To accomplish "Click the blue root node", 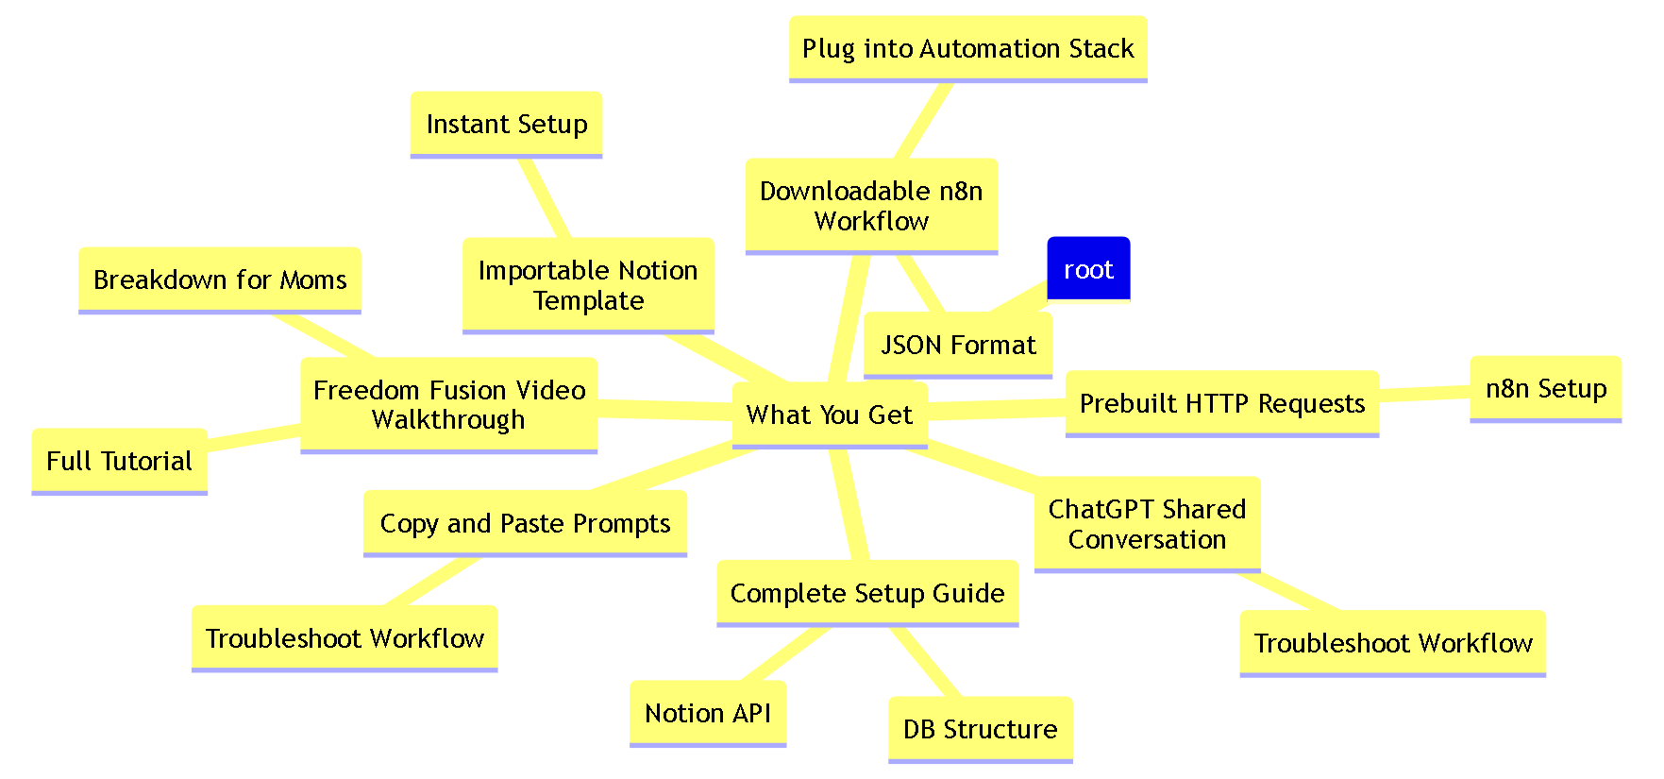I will (1088, 269).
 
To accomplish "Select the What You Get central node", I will (830, 415).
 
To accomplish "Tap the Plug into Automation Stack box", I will (967, 48).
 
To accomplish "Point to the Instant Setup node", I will (506, 124).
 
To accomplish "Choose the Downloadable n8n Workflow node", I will (871, 206).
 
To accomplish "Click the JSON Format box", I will (958, 345).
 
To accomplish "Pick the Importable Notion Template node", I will (588, 285).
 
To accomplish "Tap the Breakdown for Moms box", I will (220, 279).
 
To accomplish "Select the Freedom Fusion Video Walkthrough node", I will (449, 404).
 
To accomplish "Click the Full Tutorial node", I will (119, 461).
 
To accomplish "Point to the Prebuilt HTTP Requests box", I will (1221, 403).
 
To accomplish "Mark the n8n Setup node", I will (1545, 388).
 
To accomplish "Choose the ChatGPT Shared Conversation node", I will (1147, 524).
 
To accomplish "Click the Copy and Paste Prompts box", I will (525, 523).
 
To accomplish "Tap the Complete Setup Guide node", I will (867, 593).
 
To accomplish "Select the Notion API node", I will (708, 713).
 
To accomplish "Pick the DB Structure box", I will (980, 729).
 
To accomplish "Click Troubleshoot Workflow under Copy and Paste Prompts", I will (345, 638).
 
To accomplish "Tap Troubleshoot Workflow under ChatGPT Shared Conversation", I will (1392, 643).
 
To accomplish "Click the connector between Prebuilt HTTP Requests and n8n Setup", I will (1424, 394).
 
